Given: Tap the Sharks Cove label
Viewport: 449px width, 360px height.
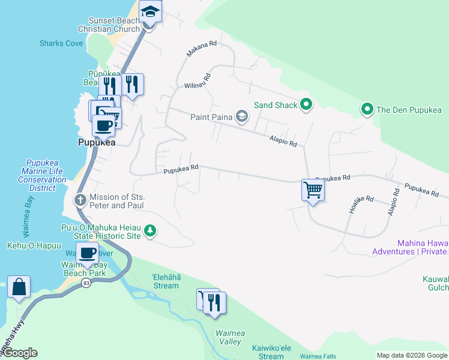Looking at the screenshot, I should (61, 43).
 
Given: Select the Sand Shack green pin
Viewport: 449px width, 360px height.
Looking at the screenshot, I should (306, 105).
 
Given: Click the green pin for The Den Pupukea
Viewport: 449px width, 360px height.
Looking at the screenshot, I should (367, 109).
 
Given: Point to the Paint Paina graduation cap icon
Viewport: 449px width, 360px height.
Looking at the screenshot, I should (241, 117).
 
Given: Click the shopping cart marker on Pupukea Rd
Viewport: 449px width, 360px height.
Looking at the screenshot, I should (313, 191).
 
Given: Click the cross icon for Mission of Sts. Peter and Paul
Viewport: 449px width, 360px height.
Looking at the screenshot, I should (80, 199).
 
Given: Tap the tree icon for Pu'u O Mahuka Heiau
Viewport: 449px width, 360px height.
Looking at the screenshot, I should (150, 230).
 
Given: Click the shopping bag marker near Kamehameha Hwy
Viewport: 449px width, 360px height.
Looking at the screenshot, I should (19, 287).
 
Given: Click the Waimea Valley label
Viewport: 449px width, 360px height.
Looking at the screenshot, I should (228, 337).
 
